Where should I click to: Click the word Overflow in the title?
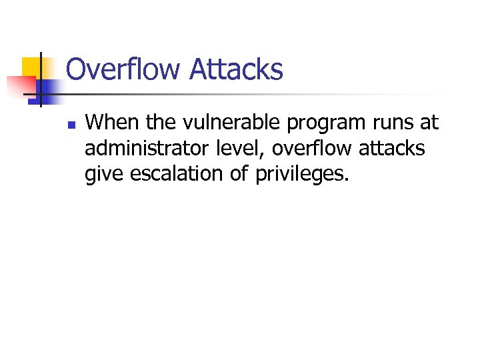pos(123,69)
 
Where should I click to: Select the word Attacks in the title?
pos(236,69)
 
